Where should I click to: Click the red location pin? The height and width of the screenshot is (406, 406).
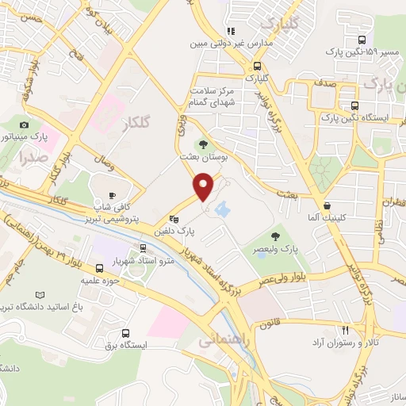tap(204, 186)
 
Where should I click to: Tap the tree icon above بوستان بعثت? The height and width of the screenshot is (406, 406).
tap(204, 144)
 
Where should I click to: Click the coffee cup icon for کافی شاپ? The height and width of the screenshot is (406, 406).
tap(112, 195)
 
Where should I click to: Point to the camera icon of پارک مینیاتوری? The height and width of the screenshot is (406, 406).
tap(25, 125)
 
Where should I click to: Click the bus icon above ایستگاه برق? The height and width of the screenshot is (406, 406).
tap(127, 335)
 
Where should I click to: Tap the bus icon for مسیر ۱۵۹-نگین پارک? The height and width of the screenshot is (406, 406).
tap(362, 40)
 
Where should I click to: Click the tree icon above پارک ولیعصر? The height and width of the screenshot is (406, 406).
tap(275, 236)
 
